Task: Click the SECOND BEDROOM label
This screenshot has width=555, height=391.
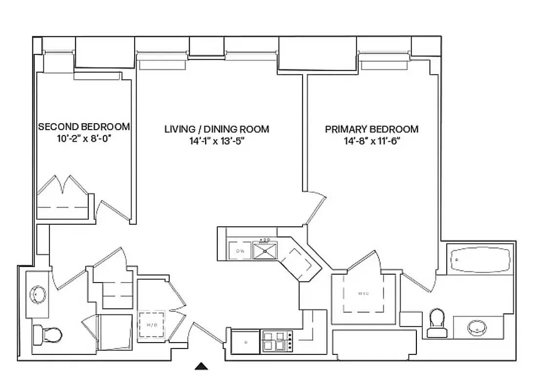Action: [x=84, y=127]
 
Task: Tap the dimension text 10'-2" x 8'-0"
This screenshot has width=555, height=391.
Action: [x=84, y=138]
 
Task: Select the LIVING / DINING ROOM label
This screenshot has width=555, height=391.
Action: [x=217, y=129]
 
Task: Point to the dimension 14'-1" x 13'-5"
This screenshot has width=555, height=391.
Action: [x=217, y=141]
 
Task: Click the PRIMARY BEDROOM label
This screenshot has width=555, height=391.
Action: [x=372, y=129]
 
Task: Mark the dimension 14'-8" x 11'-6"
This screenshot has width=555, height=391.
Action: [x=372, y=141]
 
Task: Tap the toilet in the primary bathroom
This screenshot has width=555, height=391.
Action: [x=437, y=323]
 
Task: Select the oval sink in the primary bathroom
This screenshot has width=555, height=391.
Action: [x=476, y=327]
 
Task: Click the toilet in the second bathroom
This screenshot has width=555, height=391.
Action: [x=47, y=335]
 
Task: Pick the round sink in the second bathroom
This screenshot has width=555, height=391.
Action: [x=38, y=295]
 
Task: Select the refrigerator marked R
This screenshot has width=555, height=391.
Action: [x=246, y=342]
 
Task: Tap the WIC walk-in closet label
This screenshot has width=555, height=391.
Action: [x=363, y=293]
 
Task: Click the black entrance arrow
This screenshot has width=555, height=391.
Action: [x=202, y=366]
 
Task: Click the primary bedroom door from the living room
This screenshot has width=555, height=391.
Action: [x=315, y=208]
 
